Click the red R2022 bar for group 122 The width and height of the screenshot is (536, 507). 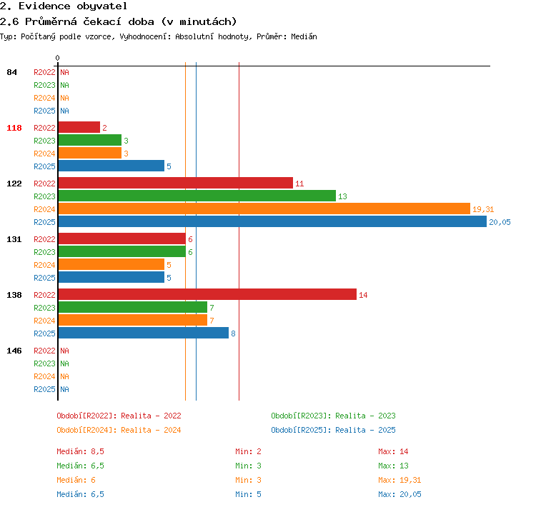pyautogui.click(x=176, y=183)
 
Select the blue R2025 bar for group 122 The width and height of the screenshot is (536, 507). pyautogui.click(x=272, y=221)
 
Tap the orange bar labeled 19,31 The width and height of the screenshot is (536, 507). pyautogui.click(x=264, y=209)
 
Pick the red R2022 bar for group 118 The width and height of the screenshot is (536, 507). pyautogui.click(x=79, y=127)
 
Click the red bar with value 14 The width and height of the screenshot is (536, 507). pyautogui.click(x=207, y=294)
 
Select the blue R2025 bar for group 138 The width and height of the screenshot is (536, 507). pyautogui.click(x=144, y=333)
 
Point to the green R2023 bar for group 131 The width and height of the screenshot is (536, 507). pyautogui.click(x=122, y=251)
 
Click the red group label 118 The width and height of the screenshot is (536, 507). pyautogui.click(x=14, y=128)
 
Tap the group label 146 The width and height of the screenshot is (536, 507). pyautogui.click(x=14, y=351)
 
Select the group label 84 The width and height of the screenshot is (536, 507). pyautogui.click(x=11, y=72)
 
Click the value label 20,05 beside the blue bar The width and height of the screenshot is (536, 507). pyautogui.click(x=500, y=222)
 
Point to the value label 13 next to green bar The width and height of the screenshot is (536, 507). pyautogui.click(x=342, y=196)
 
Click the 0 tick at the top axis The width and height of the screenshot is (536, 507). pyautogui.click(x=57, y=58)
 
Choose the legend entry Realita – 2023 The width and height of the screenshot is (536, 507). pyautogui.click(x=365, y=416)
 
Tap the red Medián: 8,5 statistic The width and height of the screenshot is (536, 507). pyautogui.click(x=80, y=451)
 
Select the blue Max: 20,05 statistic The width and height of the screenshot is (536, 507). pyautogui.click(x=399, y=494)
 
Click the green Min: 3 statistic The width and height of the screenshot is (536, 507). pyautogui.click(x=248, y=466)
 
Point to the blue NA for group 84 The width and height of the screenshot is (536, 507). pyautogui.click(x=64, y=111)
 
